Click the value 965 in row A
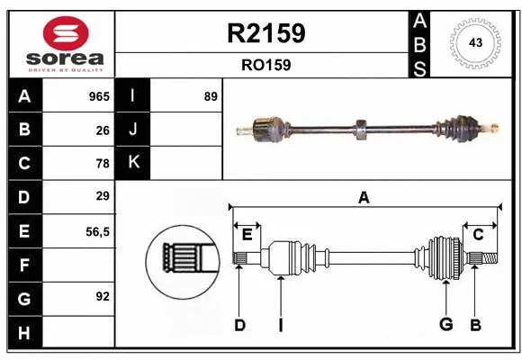(x=98, y=96)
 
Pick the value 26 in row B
(x=103, y=130)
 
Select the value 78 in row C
(x=103, y=164)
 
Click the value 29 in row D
(x=103, y=196)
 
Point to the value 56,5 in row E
(x=97, y=231)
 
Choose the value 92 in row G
(x=103, y=296)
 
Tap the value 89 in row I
(x=211, y=96)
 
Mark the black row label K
(x=133, y=163)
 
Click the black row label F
(x=24, y=265)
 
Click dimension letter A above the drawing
(x=364, y=198)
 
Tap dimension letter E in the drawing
(x=247, y=234)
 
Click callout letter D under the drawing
(x=239, y=325)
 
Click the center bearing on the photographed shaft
(x=359, y=130)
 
